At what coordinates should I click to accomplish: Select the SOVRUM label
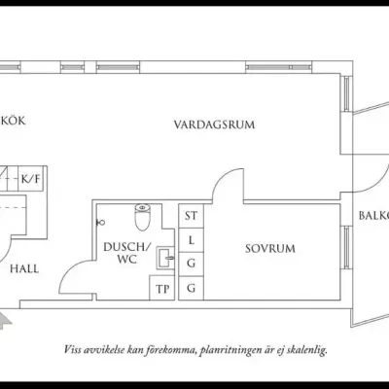point(269,248)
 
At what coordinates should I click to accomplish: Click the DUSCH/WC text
point(126,254)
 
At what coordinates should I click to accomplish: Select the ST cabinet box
point(192,215)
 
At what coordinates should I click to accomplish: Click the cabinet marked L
point(192,239)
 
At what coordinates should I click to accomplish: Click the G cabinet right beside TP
point(192,288)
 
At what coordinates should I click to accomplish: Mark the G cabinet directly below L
point(192,263)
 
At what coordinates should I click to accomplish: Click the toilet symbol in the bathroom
point(142,211)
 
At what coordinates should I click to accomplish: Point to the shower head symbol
point(100,222)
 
